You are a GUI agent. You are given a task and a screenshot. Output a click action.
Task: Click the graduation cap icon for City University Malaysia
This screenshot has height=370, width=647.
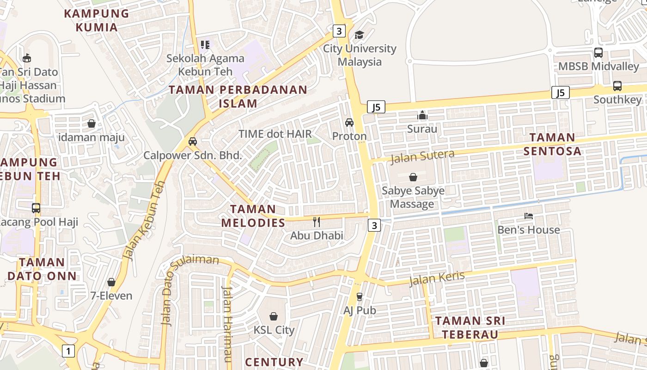pyautogui.click(x=359, y=35)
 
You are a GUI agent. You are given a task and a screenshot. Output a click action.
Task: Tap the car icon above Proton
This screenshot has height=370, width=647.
pyautogui.click(x=349, y=123)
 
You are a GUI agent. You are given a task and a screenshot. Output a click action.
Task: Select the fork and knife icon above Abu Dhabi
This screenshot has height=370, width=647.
pyautogui.click(x=317, y=222)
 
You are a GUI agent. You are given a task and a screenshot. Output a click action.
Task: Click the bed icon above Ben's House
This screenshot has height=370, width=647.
pyautogui.click(x=529, y=216)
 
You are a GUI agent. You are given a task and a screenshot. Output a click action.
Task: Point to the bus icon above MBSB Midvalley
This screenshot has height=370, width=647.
pyautogui.click(x=598, y=53)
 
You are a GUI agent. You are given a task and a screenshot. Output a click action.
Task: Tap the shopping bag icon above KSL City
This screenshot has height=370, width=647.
pyautogui.click(x=274, y=316)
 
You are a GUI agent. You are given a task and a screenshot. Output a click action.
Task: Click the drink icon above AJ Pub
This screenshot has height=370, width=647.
pyautogui.click(x=360, y=296)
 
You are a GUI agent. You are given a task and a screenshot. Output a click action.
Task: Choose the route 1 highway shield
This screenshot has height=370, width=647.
pyautogui.click(x=68, y=351)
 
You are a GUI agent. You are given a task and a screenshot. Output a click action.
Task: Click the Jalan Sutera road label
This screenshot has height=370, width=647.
pyautogui.click(x=422, y=157)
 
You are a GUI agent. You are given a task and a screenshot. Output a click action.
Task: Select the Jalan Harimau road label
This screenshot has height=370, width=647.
pyautogui.click(x=227, y=324)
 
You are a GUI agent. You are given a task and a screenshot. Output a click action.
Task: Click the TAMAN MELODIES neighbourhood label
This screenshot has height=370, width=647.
pyautogui.click(x=253, y=216)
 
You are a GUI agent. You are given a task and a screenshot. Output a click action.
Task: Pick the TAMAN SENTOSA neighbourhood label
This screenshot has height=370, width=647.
pyautogui.click(x=552, y=144)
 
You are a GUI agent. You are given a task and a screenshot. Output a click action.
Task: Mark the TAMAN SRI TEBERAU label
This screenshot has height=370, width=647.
pyautogui.click(x=470, y=327)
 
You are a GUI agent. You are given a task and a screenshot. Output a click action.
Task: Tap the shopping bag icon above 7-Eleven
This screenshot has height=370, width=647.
pyautogui.click(x=111, y=282)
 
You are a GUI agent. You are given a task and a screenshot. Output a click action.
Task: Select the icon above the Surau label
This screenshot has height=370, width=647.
pyautogui.click(x=422, y=115)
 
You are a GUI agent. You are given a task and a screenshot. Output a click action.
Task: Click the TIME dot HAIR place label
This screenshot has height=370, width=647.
pyautogui.click(x=275, y=134)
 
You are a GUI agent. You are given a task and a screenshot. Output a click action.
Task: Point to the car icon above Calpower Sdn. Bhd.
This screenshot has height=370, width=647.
pyautogui.click(x=193, y=142)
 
